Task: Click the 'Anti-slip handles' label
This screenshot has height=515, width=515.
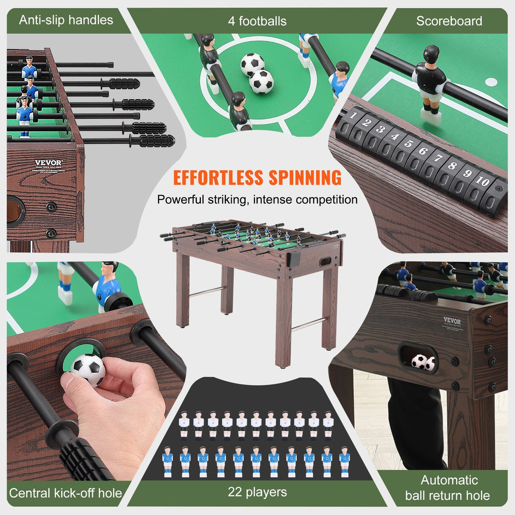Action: click(x=65, y=21)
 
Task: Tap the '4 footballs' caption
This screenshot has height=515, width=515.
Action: click(x=257, y=21)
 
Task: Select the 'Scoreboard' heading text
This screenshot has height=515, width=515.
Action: click(x=449, y=21)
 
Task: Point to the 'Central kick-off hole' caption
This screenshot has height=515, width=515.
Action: click(x=65, y=493)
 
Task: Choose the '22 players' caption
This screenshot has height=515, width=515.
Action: click(x=257, y=492)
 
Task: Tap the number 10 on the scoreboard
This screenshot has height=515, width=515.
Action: click(x=483, y=182)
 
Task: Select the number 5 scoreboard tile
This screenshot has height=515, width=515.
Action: click(x=409, y=143)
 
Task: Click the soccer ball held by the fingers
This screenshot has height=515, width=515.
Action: click(x=88, y=369)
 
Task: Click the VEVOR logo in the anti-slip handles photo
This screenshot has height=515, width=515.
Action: click(x=48, y=164)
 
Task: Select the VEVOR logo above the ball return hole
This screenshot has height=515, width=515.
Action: click(x=452, y=321)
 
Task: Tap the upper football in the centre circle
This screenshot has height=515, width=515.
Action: click(x=252, y=64)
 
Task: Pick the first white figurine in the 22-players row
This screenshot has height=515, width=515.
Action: click(x=184, y=425)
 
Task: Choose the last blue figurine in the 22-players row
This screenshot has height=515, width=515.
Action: click(x=344, y=461)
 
